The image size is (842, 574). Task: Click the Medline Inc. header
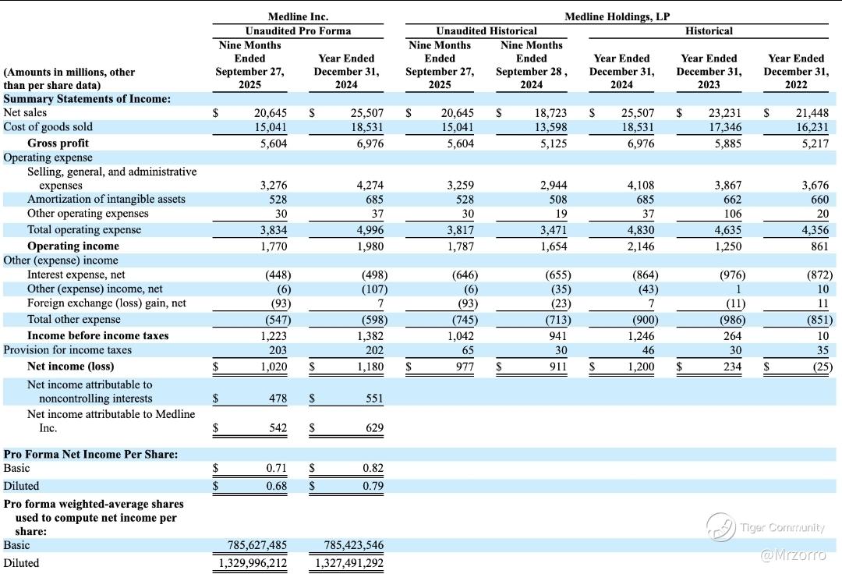298,16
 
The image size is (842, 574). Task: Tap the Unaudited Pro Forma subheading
298,30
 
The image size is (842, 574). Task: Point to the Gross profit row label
58,143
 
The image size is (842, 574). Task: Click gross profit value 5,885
728,143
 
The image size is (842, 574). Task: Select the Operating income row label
73,246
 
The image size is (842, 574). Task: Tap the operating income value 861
819,246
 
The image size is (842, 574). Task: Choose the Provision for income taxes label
68,349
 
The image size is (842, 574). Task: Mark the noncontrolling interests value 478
278,399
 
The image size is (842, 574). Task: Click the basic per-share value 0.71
276,469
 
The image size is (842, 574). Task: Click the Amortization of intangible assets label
106,199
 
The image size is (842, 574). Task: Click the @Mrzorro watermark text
792,555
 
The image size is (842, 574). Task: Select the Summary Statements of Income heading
87,99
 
